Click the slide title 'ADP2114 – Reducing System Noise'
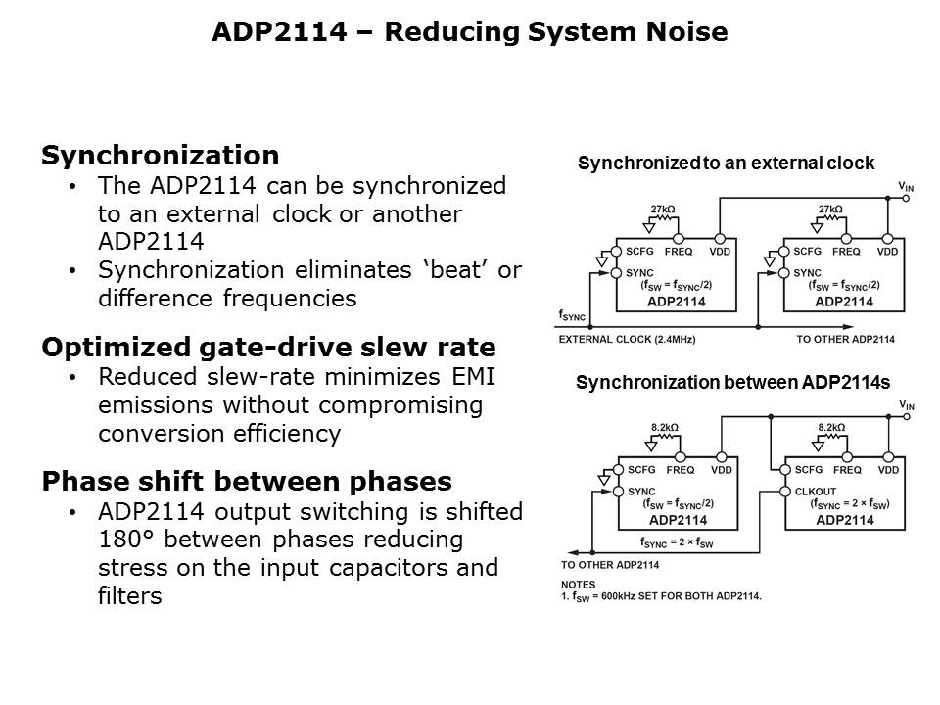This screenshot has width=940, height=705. [469, 32]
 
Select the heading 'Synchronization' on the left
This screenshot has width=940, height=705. [160, 156]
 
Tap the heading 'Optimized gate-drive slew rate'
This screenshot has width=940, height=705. [267, 348]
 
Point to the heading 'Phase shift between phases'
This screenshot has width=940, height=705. [246, 482]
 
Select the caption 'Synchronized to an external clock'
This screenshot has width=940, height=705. [726, 164]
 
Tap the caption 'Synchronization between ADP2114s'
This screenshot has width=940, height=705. [732, 383]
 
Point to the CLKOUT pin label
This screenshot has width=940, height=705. [818, 492]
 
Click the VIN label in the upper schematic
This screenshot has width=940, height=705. [906, 185]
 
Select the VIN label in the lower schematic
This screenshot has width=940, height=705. [906, 404]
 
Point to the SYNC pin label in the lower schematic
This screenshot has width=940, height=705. [640, 492]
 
